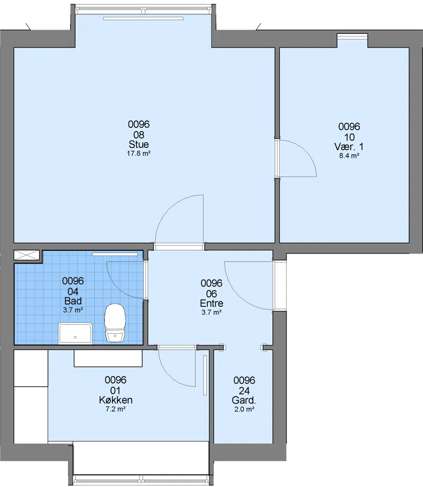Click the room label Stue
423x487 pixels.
pos(139,144)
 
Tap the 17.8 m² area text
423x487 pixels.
pos(139,153)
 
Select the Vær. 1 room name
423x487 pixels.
pos(349,147)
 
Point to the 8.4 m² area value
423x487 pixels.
pos(349,156)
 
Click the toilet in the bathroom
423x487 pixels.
pos(115,323)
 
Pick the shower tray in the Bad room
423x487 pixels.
pos(75,333)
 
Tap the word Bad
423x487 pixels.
pos(73,301)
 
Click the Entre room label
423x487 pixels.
pos(212,303)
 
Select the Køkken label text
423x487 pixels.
pos(116,400)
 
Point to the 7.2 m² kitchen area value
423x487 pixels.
pos(116,409)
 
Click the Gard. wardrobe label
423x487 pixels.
pos(244,400)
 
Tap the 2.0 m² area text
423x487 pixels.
pos(244,409)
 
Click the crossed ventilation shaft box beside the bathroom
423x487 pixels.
pos(27,255)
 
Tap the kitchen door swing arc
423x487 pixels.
pos(169,376)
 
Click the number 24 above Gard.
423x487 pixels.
pos(244,391)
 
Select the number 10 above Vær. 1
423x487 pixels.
pos(350,137)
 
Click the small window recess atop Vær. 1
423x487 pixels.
pos(353,40)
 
